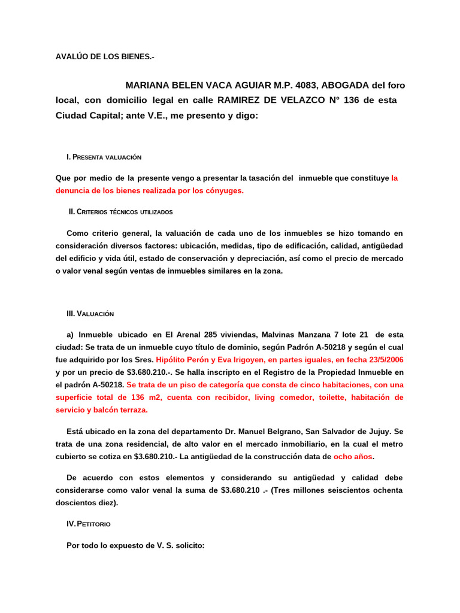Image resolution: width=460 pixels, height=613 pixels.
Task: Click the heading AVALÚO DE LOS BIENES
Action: (x=105, y=57)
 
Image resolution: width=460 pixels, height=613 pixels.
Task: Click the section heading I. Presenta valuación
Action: (x=104, y=157)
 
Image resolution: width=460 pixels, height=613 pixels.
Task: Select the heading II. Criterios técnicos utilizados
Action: (x=120, y=212)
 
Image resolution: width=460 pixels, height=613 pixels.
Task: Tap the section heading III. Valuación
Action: (x=90, y=314)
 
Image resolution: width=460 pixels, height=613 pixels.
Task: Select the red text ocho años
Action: (x=353, y=457)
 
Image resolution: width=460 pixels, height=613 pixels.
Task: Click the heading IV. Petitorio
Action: (x=89, y=524)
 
